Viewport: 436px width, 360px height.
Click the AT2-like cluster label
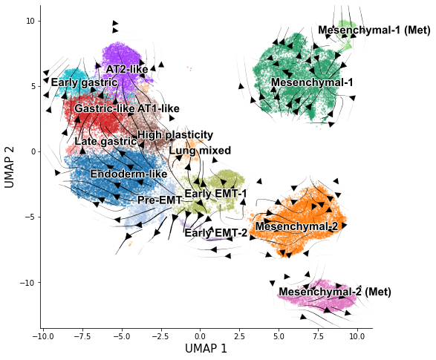click(x=127, y=69)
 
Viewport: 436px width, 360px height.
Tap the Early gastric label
click(x=85, y=82)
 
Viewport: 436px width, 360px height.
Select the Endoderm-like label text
click(x=128, y=174)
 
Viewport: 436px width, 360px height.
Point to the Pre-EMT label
click(x=160, y=200)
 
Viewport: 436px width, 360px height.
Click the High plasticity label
click(x=175, y=135)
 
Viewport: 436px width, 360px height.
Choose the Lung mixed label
click(x=200, y=151)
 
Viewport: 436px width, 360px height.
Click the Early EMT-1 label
click(x=215, y=194)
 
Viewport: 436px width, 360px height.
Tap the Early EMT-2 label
click(x=216, y=233)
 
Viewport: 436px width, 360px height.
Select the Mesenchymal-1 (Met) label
click(x=374, y=30)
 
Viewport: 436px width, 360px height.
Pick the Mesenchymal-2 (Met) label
click(x=335, y=292)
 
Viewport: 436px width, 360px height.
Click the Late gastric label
click(x=105, y=142)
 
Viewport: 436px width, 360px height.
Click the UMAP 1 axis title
click(x=206, y=348)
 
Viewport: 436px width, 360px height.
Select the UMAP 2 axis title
click(x=9, y=167)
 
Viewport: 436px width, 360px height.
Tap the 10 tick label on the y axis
click(x=30, y=21)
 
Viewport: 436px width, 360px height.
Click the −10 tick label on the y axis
click(x=27, y=283)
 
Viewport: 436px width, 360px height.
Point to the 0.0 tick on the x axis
click(x=200, y=337)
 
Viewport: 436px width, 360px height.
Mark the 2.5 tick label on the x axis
click(x=239, y=337)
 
